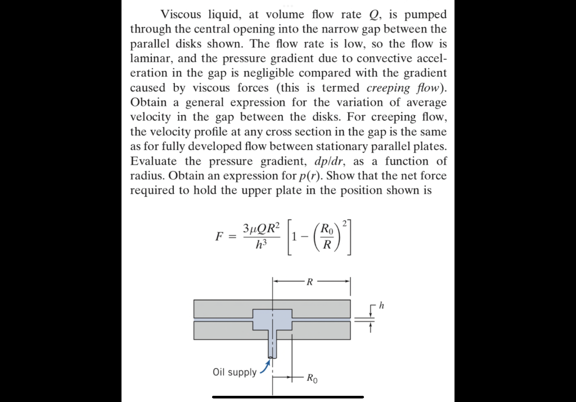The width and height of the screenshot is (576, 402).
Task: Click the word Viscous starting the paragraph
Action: (181, 14)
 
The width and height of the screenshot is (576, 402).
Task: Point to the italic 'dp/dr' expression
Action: (305, 161)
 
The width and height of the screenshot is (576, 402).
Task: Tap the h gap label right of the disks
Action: (382, 306)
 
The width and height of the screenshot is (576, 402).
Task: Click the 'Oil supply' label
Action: (235, 372)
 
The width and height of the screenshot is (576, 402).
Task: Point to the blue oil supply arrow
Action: (263, 367)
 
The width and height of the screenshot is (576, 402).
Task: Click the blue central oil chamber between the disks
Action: (273, 320)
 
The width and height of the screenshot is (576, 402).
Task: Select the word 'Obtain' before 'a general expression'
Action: (148, 102)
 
